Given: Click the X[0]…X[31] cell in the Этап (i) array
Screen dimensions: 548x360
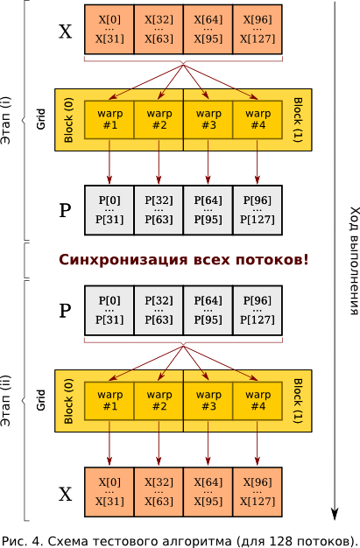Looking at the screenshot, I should coord(109,29).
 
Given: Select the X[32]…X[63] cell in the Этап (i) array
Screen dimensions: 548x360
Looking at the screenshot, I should coord(159,29).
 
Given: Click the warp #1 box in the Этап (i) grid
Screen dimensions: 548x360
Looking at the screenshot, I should coord(109,120).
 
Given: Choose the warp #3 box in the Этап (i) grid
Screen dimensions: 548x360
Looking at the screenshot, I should coord(208,120).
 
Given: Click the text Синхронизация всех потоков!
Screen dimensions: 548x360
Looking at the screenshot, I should coord(184,260).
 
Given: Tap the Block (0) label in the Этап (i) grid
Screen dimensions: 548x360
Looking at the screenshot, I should coord(69,120).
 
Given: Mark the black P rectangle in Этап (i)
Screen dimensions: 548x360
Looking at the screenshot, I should coord(184,210).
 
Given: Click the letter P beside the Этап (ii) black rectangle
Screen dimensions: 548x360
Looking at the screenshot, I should coord(65,310).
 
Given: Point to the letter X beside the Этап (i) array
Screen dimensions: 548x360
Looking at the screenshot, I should coord(65,32).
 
